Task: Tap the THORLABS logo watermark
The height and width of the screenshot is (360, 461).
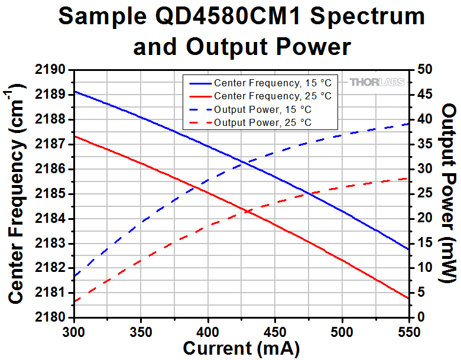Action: coord(377,83)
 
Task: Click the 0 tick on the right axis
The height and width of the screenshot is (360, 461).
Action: coord(420,317)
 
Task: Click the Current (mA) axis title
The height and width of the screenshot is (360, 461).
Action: coord(241,347)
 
